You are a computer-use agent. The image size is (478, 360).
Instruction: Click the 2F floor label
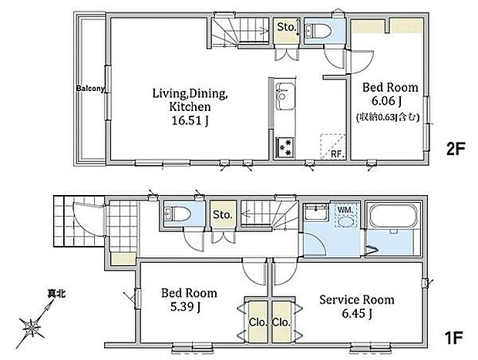pos(456,150)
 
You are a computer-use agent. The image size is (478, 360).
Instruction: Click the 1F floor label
pos(453,338)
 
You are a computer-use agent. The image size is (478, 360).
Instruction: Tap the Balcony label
pos(90,89)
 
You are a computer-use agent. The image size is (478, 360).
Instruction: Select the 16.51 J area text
pos(190,121)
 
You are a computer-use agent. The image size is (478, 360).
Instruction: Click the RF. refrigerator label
pos(338,154)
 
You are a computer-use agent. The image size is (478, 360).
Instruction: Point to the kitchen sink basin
pos(285,96)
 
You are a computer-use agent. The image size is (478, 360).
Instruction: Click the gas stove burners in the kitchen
pos(285,147)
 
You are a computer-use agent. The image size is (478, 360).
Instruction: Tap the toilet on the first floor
pos(178,214)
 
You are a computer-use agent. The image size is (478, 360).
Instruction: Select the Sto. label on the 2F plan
pos(287,27)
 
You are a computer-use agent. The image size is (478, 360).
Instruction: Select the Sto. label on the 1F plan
pos(223,214)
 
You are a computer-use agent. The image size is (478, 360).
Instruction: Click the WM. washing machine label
pos(345,210)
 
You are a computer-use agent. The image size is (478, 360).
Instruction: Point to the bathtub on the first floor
pos(392,216)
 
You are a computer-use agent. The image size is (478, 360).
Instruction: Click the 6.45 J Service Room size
pos(357,313)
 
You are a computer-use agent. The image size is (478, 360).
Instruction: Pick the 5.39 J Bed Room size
pos(185,307)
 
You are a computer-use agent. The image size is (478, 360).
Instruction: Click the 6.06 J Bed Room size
pos(386,100)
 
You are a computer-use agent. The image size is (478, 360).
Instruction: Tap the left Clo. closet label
pos(258,322)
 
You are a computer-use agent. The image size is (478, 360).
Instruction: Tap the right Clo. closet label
pos(281,322)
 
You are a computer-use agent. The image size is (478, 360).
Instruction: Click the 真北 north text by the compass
pos(56,294)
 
